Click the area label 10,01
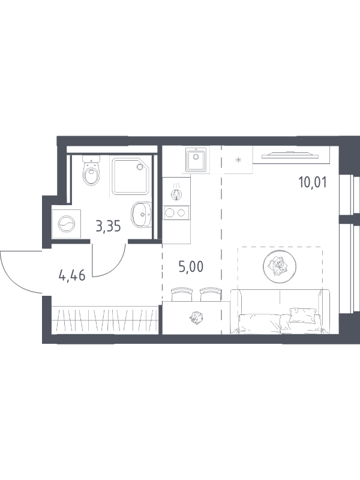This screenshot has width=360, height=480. (x=313, y=182)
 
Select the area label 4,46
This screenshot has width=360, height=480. (x=72, y=276)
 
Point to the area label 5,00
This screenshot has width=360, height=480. (x=191, y=267)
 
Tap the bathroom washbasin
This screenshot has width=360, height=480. (x=142, y=214)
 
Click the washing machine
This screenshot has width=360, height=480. (x=67, y=224)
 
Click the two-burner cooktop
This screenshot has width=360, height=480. (x=176, y=212)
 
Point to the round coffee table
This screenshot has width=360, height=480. (x=279, y=266)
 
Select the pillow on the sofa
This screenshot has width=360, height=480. (x=302, y=315)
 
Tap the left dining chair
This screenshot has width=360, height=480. (x=182, y=295)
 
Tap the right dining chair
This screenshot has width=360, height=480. (x=210, y=295)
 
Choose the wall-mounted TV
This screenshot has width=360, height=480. (x=290, y=155)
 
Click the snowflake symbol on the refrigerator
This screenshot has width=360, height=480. (x=238, y=160)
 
